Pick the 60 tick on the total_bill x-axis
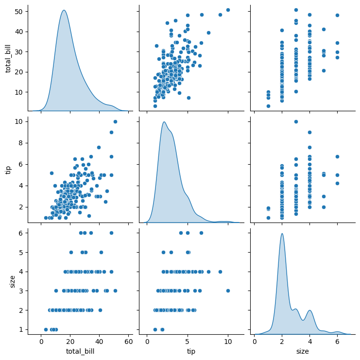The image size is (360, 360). tap(129, 342)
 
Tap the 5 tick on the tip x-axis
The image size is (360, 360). tap(188, 342)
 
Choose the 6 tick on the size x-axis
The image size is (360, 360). tap(337, 342)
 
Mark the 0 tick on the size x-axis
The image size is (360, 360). tap(255, 342)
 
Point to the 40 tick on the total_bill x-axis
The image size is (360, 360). tap(100, 342)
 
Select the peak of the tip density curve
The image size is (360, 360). tap(164, 122)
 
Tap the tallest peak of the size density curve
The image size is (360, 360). tap(282, 234)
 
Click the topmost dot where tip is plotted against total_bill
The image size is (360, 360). tap(115, 121)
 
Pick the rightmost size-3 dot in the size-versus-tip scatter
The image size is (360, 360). tap(228, 291)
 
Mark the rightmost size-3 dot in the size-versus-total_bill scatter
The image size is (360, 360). tap(115, 291)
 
